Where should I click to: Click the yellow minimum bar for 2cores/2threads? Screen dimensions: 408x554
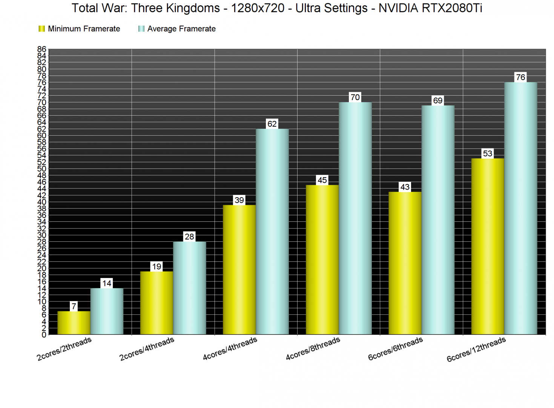point(74,323)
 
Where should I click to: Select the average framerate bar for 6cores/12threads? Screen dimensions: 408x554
point(520,208)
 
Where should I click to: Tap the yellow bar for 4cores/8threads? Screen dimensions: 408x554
point(322,260)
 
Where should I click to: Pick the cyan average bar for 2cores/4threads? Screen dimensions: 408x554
point(189,288)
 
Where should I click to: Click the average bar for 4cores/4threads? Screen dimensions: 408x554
point(272,232)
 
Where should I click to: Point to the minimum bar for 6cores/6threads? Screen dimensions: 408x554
point(405,263)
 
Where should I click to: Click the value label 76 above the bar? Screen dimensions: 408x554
point(520,77)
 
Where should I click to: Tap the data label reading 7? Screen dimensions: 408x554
point(74,306)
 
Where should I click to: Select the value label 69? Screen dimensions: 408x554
point(437,100)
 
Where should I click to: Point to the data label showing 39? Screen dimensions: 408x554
point(239,200)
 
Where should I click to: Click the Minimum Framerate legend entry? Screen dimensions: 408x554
point(80,29)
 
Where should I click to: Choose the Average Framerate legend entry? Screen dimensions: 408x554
point(177,29)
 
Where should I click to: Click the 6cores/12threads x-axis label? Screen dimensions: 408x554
point(476,350)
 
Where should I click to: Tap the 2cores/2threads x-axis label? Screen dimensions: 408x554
point(64,349)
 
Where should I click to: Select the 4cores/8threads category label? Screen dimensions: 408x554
point(313,349)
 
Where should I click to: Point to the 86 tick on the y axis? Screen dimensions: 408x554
point(41,49)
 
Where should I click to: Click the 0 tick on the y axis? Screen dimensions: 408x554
point(44,335)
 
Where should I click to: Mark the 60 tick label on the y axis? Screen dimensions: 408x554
point(41,136)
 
